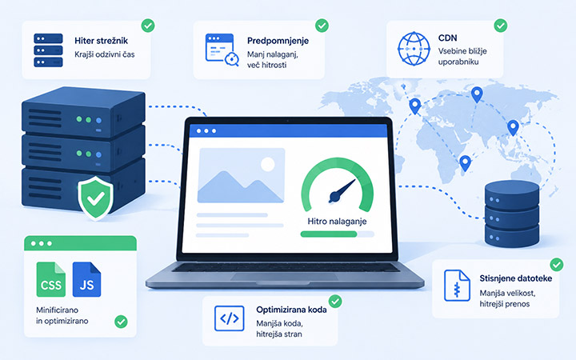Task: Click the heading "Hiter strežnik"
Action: [101, 41]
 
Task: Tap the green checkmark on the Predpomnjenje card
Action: [322, 26]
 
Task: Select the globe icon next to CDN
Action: [414, 49]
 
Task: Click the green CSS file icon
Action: [51, 279]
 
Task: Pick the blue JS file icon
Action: [86, 279]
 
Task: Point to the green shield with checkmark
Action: [95, 198]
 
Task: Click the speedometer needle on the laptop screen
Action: [342, 192]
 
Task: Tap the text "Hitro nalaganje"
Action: [337, 222]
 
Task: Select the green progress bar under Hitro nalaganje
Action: [329, 234]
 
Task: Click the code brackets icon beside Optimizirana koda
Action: [230, 318]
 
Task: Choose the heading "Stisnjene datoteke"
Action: [516, 278]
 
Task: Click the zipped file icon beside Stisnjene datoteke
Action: [457, 286]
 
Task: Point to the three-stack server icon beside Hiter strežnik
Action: [48, 50]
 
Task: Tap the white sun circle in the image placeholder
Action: [268, 164]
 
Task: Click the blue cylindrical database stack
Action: [512, 214]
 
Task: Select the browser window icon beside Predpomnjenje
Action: [222, 50]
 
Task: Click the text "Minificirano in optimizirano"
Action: [62, 315]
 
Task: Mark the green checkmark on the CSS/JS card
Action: [121, 322]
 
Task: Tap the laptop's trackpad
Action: [284, 277]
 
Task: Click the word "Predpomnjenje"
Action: [278, 41]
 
